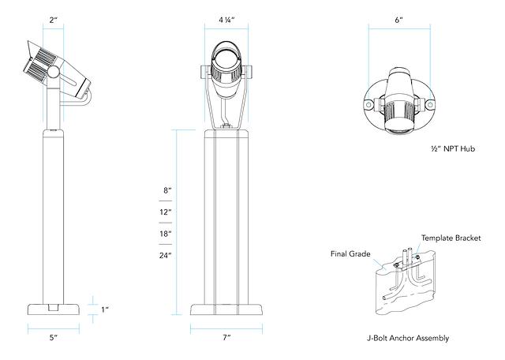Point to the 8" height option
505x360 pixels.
pyautogui.click(x=167, y=191)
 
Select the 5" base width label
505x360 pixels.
pyautogui.click(x=54, y=338)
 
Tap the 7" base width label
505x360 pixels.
pyautogui.click(x=226, y=338)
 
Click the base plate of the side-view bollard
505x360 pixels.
pyautogui.click(x=54, y=309)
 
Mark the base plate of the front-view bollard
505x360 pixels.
pyautogui.click(x=226, y=309)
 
